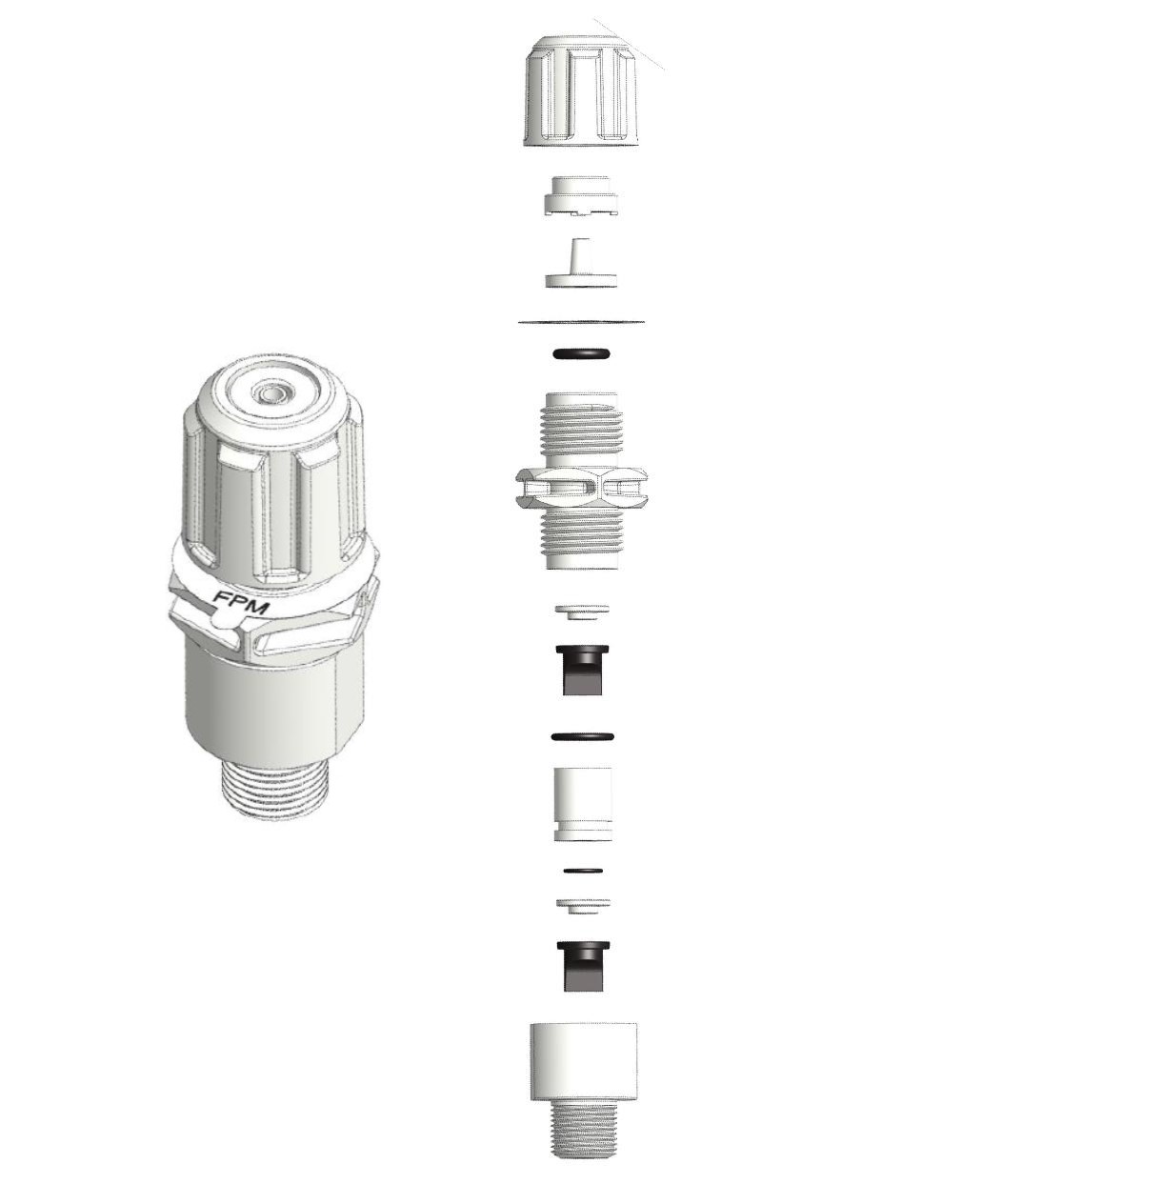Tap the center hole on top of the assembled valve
click(x=269, y=392)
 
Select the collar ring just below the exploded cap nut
click(x=581, y=196)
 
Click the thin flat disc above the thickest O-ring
click(x=581, y=321)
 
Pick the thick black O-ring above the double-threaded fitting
click(x=581, y=353)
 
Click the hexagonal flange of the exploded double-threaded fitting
click(x=581, y=488)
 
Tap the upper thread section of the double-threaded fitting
click(x=581, y=431)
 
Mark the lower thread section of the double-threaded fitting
click(x=581, y=538)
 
